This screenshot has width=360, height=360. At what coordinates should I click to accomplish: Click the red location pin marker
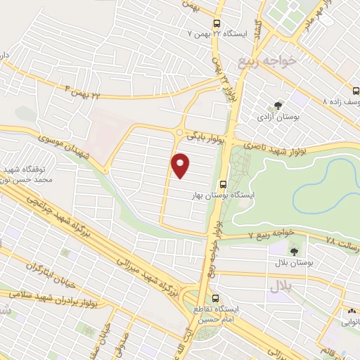pos(181,165)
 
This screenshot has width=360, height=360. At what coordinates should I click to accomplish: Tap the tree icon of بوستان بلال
pos(293,250)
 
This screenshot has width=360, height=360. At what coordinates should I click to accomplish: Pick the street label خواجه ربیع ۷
pos(270,236)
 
